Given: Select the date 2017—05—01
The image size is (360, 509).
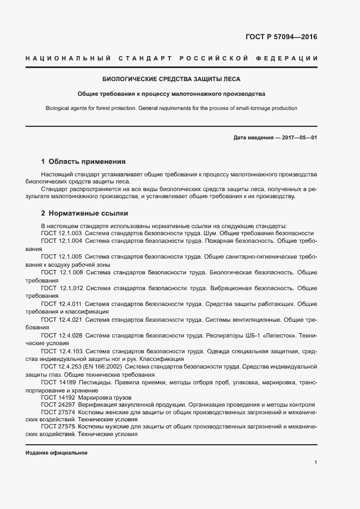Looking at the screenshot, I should [x=299, y=138].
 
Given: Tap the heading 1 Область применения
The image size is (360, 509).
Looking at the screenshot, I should [x=83, y=162].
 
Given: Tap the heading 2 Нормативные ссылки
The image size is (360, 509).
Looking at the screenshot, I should [x=84, y=213].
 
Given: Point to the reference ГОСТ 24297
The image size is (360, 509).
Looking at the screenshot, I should [x=57, y=406].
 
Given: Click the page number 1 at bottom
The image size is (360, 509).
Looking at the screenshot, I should [x=315, y=463].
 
